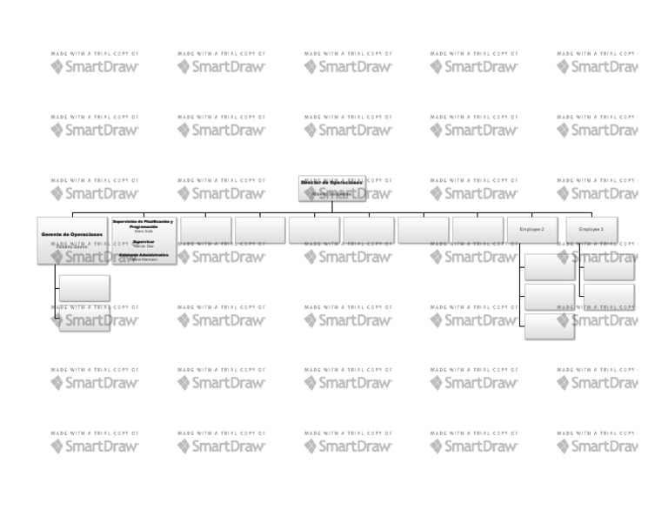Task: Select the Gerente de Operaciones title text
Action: click(x=71, y=234)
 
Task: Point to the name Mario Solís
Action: click(x=144, y=231)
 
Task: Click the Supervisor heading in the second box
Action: click(x=144, y=241)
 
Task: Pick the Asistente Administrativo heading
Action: click(x=144, y=255)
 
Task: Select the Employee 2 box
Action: click(x=531, y=229)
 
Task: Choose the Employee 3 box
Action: click(x=591, y=229)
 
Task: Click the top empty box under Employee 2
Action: click(x=549, y=267)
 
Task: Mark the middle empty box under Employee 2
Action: click(x=549, y=297)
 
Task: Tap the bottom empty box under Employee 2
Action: click(x=549, y=326)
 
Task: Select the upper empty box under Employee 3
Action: click(x=609, y=267)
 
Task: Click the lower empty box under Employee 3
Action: click(x=609, y=296)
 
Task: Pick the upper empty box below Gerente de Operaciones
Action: click(x=84, y=288)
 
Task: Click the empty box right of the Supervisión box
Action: click(x=206, y=230)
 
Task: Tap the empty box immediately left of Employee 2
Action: click(x=478, y=230)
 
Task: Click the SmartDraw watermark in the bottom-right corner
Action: click(x=600, y=446)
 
